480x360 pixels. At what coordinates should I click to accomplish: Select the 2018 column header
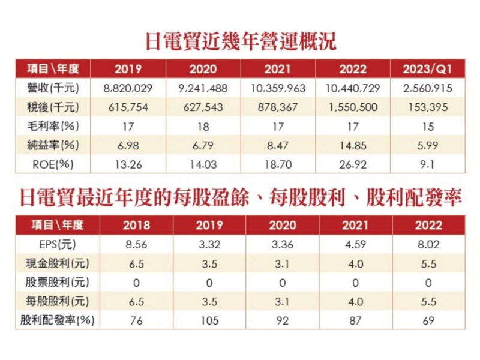136,226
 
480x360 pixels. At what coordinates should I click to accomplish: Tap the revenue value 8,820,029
128,88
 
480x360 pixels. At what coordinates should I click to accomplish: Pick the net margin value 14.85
353,145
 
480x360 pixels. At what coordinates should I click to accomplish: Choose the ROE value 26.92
353,163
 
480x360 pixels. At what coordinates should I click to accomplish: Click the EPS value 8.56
136,245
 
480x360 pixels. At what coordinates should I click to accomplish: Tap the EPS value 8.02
428,245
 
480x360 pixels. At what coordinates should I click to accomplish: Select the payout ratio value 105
209,320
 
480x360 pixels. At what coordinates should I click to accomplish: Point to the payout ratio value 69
428,320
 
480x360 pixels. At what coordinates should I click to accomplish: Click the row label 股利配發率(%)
58,320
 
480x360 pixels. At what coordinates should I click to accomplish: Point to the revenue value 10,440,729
353,88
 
